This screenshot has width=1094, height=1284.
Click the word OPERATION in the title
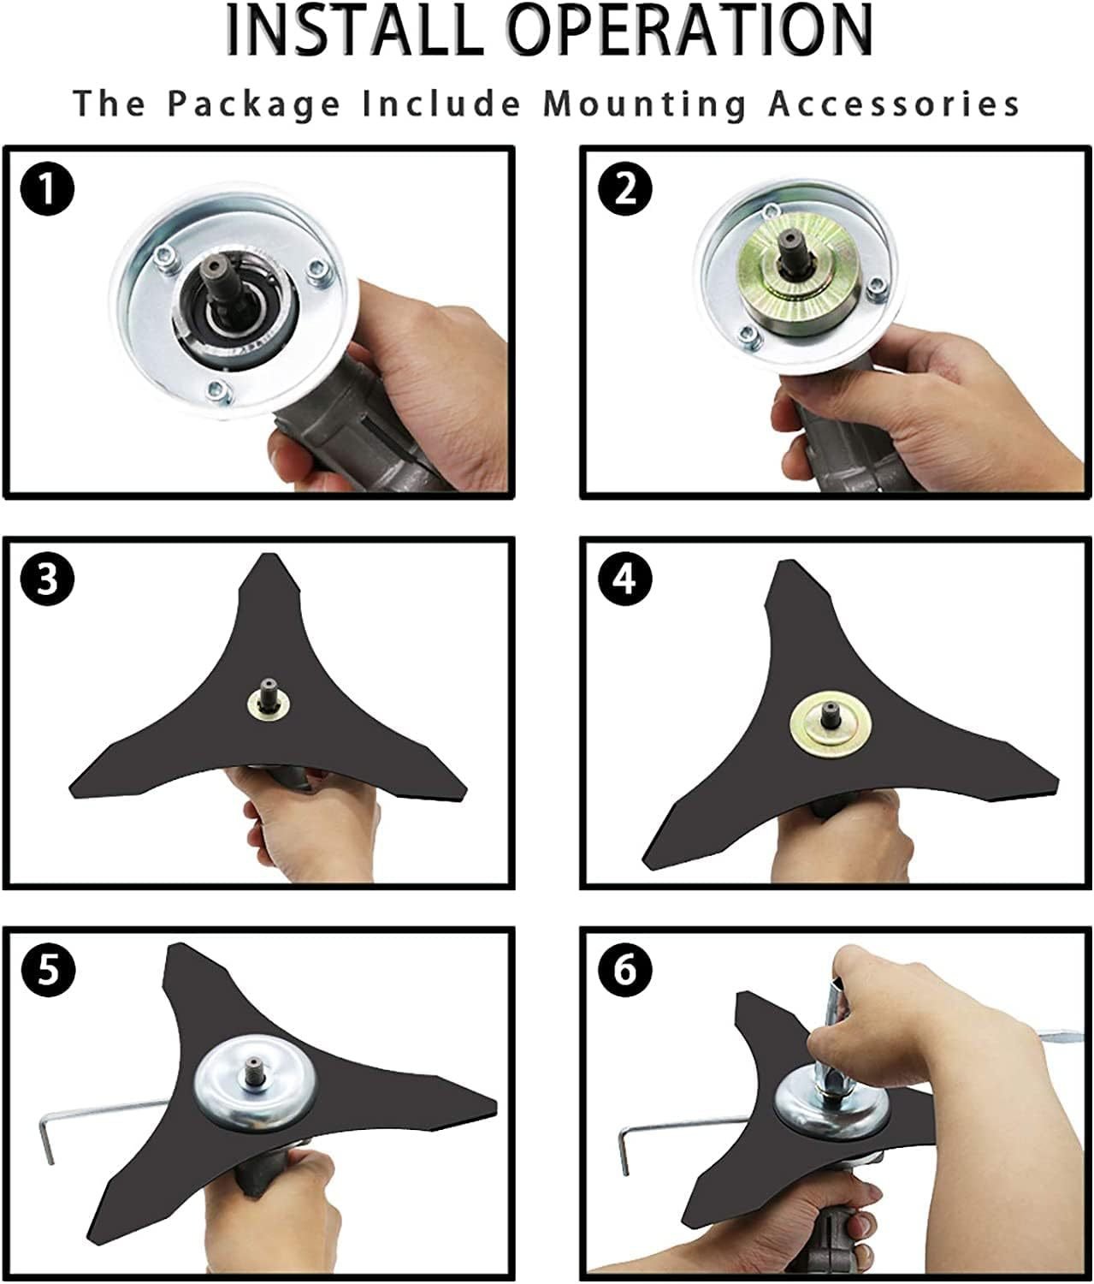(691, 31)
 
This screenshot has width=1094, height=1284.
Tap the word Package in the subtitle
(254, 104)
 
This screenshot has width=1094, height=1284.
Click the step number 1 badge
(48, 189)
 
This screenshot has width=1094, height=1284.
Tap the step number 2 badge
(626, 189)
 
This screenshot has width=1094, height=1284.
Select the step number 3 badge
(48, 580)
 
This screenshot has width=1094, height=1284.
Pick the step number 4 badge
(626, 580)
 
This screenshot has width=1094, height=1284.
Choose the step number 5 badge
(48, 969)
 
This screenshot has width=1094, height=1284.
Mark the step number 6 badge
(626, 969)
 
